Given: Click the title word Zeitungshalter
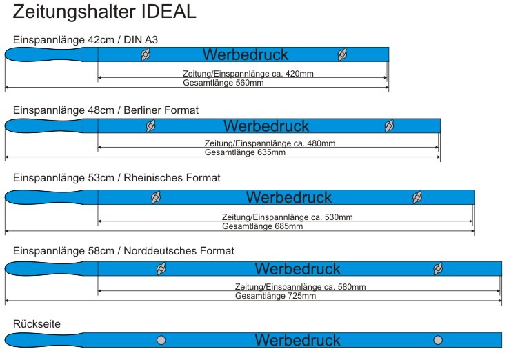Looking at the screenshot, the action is [x=74, y=12].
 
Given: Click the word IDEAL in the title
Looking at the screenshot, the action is [x=169, y=11].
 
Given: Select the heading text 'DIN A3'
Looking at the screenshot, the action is [x=141, y=39].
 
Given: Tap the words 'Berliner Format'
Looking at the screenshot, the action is [x=161, y=110].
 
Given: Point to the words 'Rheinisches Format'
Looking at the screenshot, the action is [x=172, y=177].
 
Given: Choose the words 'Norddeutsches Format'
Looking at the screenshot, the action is [x=179, y=250].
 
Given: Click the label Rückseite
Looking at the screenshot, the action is [x=37, y=323].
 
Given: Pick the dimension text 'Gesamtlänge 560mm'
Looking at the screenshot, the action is [x=223, y=83].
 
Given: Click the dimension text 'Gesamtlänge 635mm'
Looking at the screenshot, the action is [x=245, y=152].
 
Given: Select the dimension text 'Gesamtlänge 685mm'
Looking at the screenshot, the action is [x=263, y=226].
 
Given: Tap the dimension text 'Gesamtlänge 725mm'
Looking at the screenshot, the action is [x=276, y=296].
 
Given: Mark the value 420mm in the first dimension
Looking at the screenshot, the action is [x=299, y=74].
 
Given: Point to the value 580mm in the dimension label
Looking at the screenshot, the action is [x=352, y=287].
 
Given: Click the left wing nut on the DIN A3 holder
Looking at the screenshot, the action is [x=146, y=54].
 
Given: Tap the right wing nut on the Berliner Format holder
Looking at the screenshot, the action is [x=389, y=126].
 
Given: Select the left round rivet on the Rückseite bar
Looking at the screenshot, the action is [x=161, y=340].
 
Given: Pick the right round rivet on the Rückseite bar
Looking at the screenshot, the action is [x=438, y=340].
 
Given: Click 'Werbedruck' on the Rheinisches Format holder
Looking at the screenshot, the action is [x=289, y=197].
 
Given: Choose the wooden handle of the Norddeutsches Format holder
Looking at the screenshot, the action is [x=44, y=269].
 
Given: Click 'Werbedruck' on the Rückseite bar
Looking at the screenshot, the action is [x=298, y=340].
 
